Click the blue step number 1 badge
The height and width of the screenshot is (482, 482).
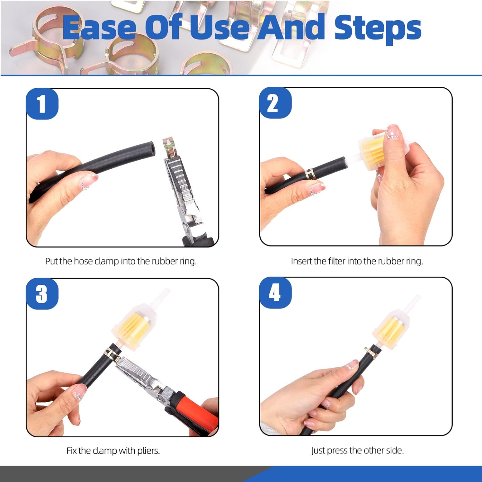[42, 104]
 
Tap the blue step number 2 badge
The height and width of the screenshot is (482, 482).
[275, 103]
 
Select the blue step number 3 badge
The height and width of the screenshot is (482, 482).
[42, 294]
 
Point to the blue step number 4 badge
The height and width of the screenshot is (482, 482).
[275, 293]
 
